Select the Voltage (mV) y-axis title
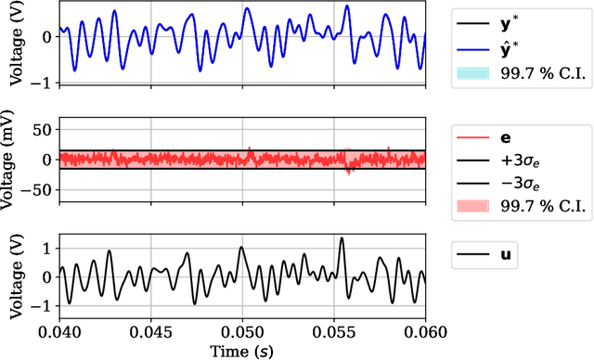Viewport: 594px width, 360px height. [x=11, y=160]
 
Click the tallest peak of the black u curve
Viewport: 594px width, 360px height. [x=342, y=238]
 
